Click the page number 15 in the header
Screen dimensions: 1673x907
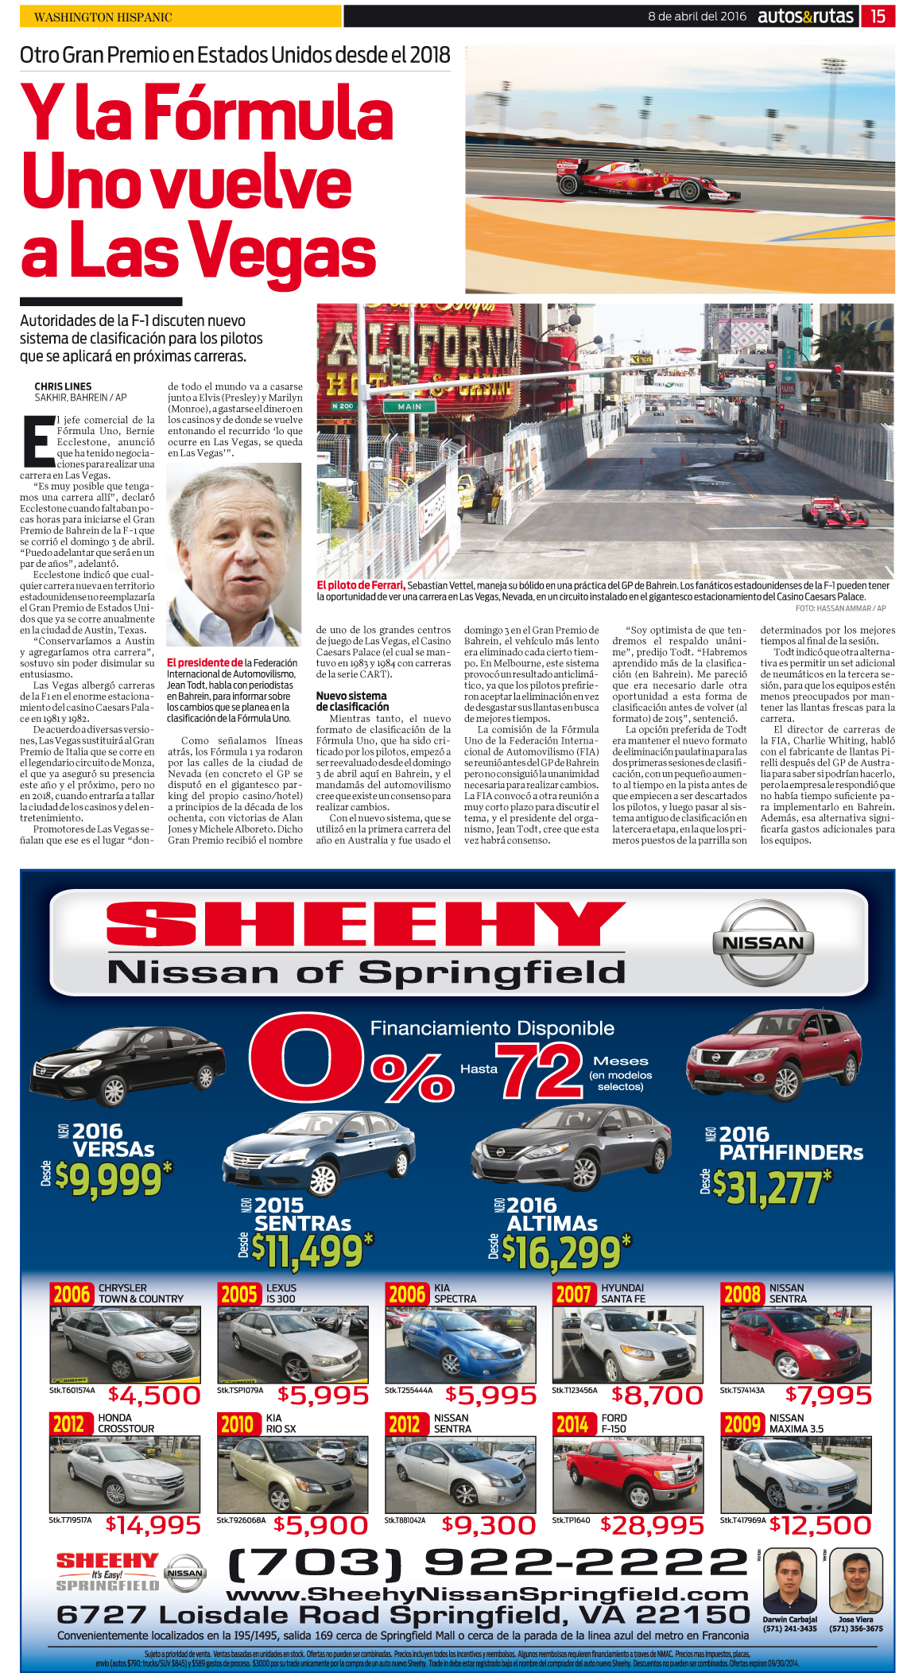pyautogui.click(x=878, y=16)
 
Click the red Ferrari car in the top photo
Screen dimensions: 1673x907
pyautogui.click(x=644, y=181)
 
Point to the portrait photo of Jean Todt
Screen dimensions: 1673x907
pyautogui.click(x=234, y=555)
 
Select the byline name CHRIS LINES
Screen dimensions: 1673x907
pyautogui.click(x=63, y=386)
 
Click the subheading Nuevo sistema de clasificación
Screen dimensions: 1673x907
pyautogui.click(x=352, y=701)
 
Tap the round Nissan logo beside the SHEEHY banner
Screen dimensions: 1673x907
pyautogui.click(x=763, y=943)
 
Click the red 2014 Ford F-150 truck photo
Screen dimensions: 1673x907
pyautogui.click(x=627, y=1474)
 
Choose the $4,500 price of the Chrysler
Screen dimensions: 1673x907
pyautogui.click(x=154, y=1395)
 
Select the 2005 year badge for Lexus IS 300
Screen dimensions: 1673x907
pyautogui.click(x=238, y=1295)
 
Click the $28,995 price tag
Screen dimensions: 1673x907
pyautogui.click(x=652, y=1525)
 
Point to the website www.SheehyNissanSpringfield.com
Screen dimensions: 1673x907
pyautogui.click(x=487, y=1594)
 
